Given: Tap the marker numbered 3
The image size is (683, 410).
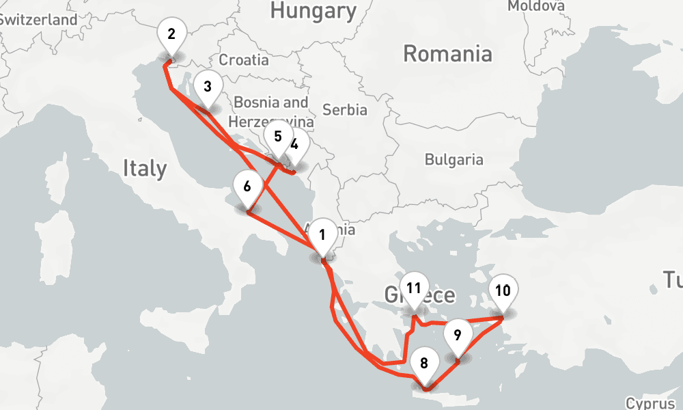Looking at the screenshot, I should click(207, 87).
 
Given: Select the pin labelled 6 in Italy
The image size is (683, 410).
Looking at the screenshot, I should click(247, 187).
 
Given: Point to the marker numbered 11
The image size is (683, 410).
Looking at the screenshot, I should click(413, 288).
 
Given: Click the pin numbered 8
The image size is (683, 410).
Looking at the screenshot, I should click(424, 364).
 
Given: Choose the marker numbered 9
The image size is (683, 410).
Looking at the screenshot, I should click(457, 336).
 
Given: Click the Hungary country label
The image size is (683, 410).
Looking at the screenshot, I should click(313, 11).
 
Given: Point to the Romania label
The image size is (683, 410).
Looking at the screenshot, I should click(447, 53).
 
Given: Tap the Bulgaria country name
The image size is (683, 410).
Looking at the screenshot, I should click(454, 160).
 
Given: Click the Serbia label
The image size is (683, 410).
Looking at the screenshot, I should click(345, 109).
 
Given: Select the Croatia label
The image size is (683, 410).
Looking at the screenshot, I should click(244, 59).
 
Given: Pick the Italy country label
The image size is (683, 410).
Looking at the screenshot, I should click(145, 168).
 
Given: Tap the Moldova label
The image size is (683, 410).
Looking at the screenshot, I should click(536, 6).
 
